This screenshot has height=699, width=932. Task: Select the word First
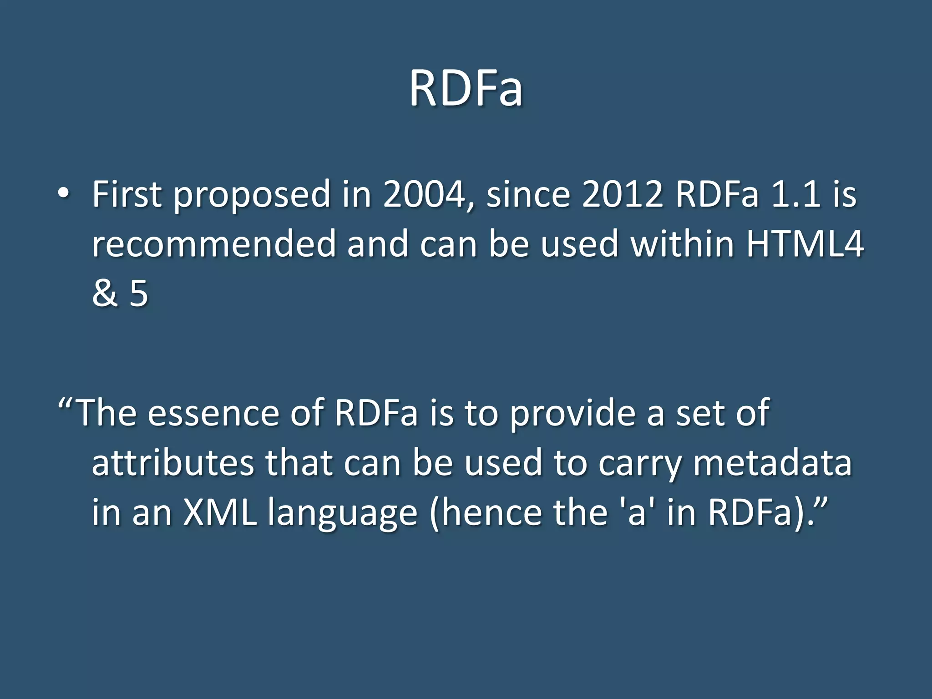pyautogui.click(x=127, y=194)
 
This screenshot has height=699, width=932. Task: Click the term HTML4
pyautogui.click(x=805, y=244)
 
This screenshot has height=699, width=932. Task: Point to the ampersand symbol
pyautogui.click(x=105, y=294)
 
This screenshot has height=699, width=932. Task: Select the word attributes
pyautogui.click(x=173, y=463)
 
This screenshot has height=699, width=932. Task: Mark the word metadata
pyautogui.click(x=772, y=463)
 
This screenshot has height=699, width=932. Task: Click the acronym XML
pyautogui.click(x=220, y=512)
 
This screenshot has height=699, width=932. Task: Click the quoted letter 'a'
pyautogui.click(x=637, y=512)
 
